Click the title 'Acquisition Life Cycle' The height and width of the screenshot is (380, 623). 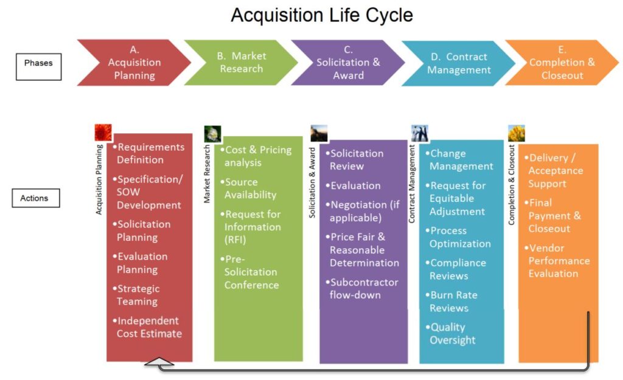click(x=322, y=15)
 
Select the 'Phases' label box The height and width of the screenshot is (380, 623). click(x=38, y=63)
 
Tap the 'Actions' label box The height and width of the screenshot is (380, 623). click(x=36, y=198)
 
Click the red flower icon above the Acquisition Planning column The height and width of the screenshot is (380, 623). click(x=103, y=133)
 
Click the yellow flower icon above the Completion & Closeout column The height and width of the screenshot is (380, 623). click(x=516, y=133)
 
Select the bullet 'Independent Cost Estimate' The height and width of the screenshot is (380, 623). click(x=148, y=327)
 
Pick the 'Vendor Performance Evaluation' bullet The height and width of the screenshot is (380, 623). click(x=558, y=261)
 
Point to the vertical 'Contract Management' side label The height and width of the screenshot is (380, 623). click(x=412, y=183)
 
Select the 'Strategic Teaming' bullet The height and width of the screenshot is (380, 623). click(x=138, y=295)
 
